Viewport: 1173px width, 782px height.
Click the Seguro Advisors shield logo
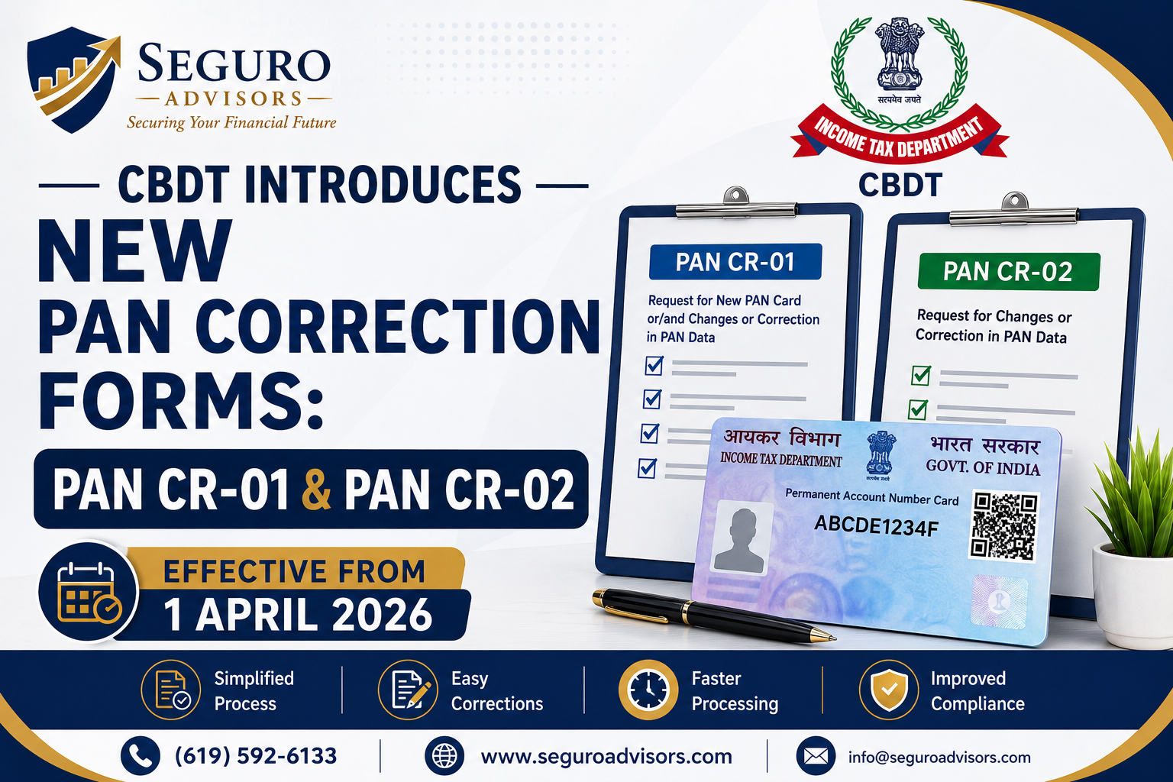(73, 79)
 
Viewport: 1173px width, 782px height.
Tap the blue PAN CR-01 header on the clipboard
(735, 261)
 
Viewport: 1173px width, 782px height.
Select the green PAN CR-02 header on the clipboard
(1009, 271)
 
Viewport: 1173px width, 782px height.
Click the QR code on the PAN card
(1003, 526)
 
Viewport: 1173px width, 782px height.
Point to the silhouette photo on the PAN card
(742, 538)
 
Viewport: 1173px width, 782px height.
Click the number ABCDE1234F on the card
(877, 525)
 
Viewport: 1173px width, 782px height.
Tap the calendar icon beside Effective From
(89, 592)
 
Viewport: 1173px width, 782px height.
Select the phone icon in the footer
(141, 756)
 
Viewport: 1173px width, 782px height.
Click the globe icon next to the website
(444, 756)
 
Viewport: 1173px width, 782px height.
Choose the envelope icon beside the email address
(816, 756)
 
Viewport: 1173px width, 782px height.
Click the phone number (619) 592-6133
(256, 756)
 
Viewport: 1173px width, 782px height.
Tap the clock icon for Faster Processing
(648, 690)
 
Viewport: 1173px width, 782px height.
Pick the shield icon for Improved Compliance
(889, 690)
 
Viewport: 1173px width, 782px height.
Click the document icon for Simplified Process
(171, 690)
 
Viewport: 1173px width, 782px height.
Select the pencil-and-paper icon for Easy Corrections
(408, 690)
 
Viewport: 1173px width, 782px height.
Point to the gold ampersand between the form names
(316, 490)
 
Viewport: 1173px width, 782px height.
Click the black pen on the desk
(713, 615)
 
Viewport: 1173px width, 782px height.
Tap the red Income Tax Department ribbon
(900, 134)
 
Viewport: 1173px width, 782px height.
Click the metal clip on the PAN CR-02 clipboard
(1014, 210)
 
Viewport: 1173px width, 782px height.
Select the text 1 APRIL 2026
(298, 615)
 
